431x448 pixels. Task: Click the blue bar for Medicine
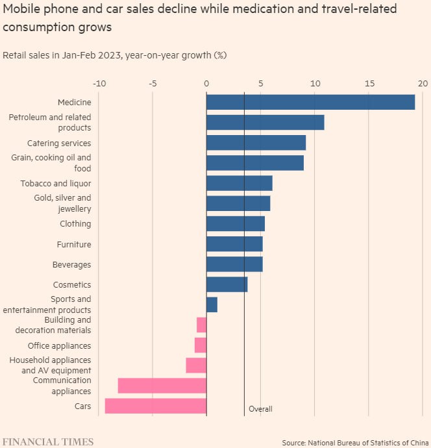pos(310,102)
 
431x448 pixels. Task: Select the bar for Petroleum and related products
pos(265,122)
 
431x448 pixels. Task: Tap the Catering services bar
pos(256,143)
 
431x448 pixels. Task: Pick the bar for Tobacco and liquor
pos(239,183)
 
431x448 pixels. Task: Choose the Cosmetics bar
pos(227,284)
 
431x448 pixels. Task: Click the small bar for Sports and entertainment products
pos(212,305)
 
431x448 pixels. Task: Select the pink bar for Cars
pos(156,406)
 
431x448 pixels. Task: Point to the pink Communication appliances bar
pos(162,386)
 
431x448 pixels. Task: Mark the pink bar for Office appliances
pos(201,345)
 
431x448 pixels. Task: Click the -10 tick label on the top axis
pos(99,83)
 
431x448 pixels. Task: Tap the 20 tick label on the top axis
pos(423,83)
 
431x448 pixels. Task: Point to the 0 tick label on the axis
pos(206,83)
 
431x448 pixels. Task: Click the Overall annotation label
pos(260,409)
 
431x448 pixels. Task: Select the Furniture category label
pos(74,245)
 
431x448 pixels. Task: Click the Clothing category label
pos(75,224)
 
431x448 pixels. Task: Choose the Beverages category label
pos(71,265)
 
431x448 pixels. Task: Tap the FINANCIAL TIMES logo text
pos(48,442)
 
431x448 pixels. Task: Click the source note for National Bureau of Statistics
pos(355,442)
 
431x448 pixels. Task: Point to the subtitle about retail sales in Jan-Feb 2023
pos(114,55)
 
